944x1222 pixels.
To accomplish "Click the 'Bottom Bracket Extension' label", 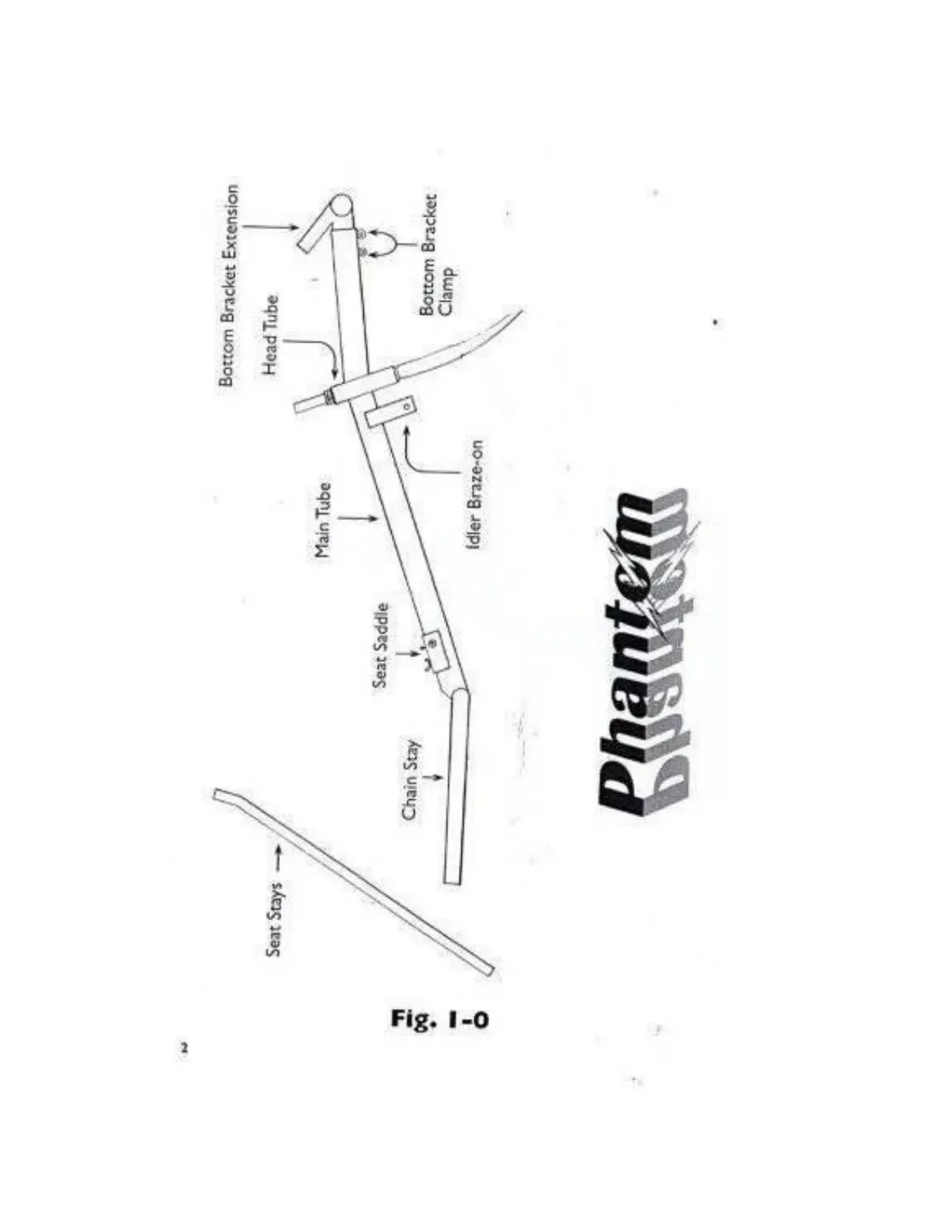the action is tap(229, 285).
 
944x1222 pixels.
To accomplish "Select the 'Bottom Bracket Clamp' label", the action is tap(436, 254).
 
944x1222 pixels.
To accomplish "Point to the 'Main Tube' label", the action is tap(323, 520).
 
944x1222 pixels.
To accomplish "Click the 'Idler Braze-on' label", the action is tap(475, 495).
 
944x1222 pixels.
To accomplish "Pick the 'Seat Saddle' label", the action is tap(380, 645).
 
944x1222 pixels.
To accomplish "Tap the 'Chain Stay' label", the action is tap(410, 780).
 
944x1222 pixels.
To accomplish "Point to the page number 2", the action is tap(184, 1048).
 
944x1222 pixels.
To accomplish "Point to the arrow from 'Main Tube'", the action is tap(359, 519).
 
